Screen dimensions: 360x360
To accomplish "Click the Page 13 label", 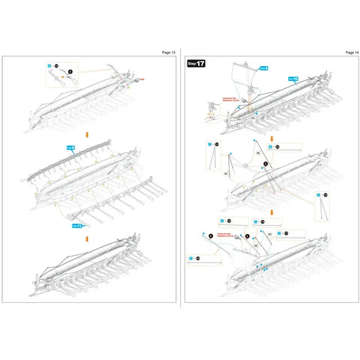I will (169, 52).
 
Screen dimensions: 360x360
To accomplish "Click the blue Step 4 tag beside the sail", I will (292, 78).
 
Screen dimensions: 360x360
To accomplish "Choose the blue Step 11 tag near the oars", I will (76, 224).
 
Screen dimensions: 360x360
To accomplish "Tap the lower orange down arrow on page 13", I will (88, 239).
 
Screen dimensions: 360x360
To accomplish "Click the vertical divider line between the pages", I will (180, 180).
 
